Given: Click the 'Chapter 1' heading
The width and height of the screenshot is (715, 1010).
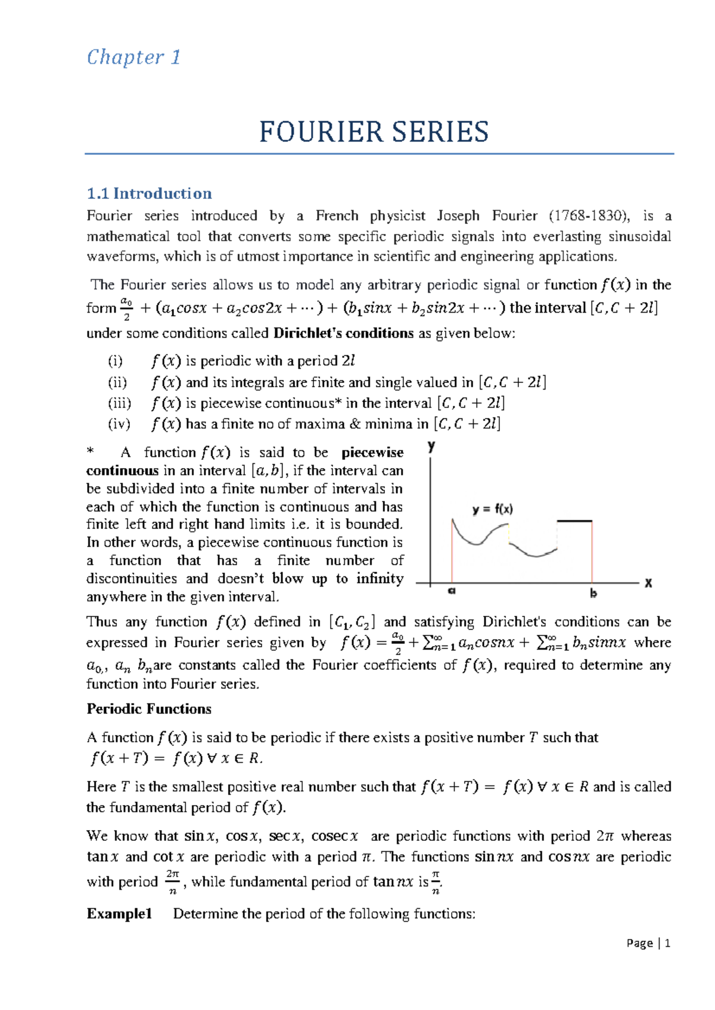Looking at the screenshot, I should coord(133,57).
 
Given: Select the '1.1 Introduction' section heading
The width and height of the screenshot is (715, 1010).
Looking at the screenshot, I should coord(149,194).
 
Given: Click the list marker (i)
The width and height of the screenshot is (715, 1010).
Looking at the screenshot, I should coord(115,361).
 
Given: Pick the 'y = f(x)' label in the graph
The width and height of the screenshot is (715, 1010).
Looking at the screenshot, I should coord(492,509).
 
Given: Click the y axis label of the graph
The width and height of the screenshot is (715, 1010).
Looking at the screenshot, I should coord(431,446).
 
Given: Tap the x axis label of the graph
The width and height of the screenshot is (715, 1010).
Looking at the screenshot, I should coord(648,584).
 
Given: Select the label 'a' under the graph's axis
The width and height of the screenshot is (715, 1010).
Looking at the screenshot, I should coord(452,592).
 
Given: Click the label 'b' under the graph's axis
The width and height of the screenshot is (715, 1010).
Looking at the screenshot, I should coord(593,593).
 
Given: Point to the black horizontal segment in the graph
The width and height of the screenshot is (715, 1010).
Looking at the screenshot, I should coord(574,521).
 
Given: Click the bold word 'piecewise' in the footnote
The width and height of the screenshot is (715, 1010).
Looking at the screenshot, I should coord(372,453).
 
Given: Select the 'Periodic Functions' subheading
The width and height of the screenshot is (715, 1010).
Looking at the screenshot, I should coord(149,709).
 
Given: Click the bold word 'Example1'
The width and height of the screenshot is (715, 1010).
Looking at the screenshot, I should coord(119,914).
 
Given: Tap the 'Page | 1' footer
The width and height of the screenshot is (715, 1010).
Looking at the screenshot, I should coord(648,943).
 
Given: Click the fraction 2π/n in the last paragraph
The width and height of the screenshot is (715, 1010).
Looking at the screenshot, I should coord(172,882).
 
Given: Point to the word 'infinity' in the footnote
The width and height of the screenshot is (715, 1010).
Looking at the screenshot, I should coord(380,579).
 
